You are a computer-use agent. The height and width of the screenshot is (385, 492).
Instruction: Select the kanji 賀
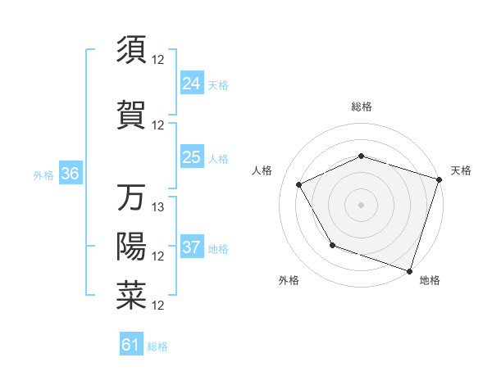pyautogui.click(x=131, y=115)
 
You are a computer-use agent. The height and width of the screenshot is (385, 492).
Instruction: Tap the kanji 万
pyautogui.click(x=131, y=197)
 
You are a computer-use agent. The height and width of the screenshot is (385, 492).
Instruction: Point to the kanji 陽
pyautogui.click(x=131, y=246)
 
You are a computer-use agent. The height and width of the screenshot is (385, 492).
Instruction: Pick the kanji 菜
pyautogui.click(x=131, y=296)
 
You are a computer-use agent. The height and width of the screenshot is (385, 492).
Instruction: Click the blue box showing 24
pyautogui.click(x=191, y=83)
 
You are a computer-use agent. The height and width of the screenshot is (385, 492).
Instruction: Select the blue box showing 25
pyautogui.click(x=191, y=157)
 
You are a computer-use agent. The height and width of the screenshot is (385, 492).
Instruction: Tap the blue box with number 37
pyautogui.click(x=191, y=247)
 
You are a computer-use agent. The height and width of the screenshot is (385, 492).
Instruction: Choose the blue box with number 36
pyautogui.click(x=70, y=174)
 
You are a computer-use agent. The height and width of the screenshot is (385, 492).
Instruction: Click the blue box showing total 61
pyautogui.click(x=131, y=345)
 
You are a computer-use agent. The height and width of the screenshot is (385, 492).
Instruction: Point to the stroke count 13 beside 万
pyautogui.click(x=159, y=207)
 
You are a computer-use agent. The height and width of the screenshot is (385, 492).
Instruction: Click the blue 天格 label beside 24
pyautogui.click(x=218, y=85)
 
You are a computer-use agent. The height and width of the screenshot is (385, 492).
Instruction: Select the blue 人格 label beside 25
pyautogui.click(x=218, y=159)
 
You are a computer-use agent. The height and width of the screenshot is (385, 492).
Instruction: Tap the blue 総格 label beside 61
pyautogui.click(x=157, y=346)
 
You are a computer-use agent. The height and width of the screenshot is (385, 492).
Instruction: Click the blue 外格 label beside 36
pyautogui.click(x=43, y=175)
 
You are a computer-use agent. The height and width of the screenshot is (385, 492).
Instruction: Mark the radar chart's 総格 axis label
pyautogui.click(x=361, y=106)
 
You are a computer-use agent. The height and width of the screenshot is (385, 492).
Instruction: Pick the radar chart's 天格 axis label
pyautogui.click(x=461, y=170)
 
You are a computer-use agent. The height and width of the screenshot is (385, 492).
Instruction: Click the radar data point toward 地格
pyautogui.click(x=409, y=270)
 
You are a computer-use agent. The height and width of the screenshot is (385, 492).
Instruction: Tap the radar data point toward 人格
pyautogui.click(x=298, y=185)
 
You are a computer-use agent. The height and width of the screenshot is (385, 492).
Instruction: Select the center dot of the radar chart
pyautogui.click(x=361, y=205)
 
